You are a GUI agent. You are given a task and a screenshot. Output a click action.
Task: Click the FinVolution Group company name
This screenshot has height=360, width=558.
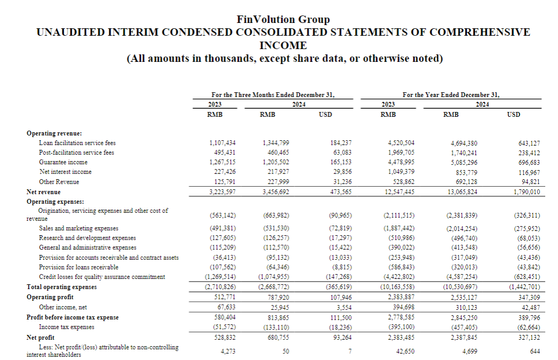pos(283,20)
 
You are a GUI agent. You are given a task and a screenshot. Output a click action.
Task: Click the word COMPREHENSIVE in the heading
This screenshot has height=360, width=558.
pos(480,32)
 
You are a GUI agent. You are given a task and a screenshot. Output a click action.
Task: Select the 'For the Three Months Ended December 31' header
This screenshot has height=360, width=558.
pos(272,95)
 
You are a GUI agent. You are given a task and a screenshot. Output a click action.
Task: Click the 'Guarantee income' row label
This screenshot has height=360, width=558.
pos(63,162)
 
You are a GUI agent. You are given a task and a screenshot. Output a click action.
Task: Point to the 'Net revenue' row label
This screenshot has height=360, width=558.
pos(44,192)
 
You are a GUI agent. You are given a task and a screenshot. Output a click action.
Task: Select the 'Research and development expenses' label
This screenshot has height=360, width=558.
pos(87,238)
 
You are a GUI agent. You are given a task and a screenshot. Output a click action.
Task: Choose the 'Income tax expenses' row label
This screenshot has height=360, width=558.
pos(67,327)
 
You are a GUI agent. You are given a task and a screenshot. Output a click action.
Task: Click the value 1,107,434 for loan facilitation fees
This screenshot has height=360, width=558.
pos(223,143)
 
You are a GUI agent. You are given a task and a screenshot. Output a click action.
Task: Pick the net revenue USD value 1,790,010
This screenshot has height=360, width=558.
pos(524,192)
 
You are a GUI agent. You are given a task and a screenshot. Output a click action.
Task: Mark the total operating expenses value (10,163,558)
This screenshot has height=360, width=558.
pos(399,287)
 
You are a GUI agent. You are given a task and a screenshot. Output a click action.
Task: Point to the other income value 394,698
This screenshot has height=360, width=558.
pos(399,307)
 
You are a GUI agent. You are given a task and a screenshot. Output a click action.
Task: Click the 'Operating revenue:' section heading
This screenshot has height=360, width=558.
pos(51,133)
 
